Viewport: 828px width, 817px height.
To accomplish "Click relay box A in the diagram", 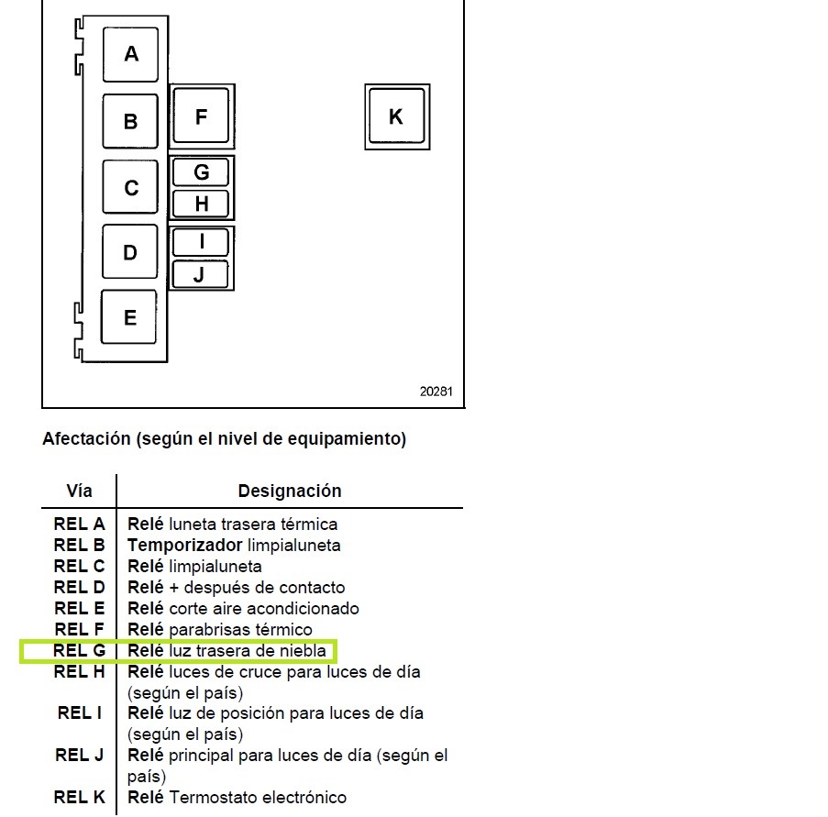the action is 130,54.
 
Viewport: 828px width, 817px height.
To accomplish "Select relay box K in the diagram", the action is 397,116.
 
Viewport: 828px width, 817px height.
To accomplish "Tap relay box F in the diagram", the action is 201,116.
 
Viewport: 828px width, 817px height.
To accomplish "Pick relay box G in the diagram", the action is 201,172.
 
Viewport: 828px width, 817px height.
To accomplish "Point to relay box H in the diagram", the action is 201,204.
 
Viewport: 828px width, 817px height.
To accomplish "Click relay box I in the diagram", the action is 201,242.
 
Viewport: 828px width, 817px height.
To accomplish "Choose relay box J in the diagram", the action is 200,274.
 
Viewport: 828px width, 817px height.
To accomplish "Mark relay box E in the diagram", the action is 129,317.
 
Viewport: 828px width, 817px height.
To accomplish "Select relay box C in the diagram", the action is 130,187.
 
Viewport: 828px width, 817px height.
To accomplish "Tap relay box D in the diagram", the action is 129,251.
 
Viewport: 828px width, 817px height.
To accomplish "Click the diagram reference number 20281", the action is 436,392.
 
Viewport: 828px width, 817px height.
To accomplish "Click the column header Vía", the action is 79,491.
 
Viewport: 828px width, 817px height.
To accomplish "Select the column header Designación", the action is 290,491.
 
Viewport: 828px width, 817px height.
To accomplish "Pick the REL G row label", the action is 79,651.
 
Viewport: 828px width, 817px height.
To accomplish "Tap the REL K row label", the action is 79,797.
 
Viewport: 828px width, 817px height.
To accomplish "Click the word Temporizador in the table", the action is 185,545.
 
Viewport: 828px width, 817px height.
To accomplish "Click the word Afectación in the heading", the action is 86,439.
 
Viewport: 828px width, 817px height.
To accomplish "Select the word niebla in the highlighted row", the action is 303,651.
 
